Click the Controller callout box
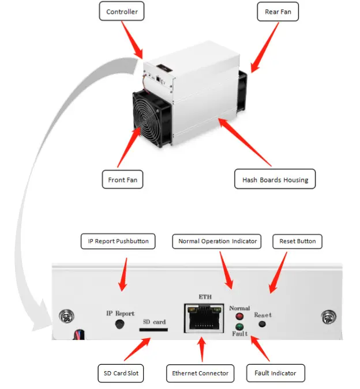click(x=122, y=12)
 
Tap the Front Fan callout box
click(x=122, y=180)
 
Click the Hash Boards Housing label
click(x=275, y=180)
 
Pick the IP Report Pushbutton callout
click(x=118, y=241)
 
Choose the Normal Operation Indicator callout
click(x=218, y=241)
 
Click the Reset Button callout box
click(x=297, y=241)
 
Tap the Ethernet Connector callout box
click(x=200, y=373)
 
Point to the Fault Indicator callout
click(x=275, y=373)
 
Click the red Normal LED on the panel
click(x=238, y=316)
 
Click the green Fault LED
click(x=238, y=327)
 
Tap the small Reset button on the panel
click(x=262, y=323)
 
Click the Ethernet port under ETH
click(x=205, y=318)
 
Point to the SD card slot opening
click(x=154, y=330)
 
